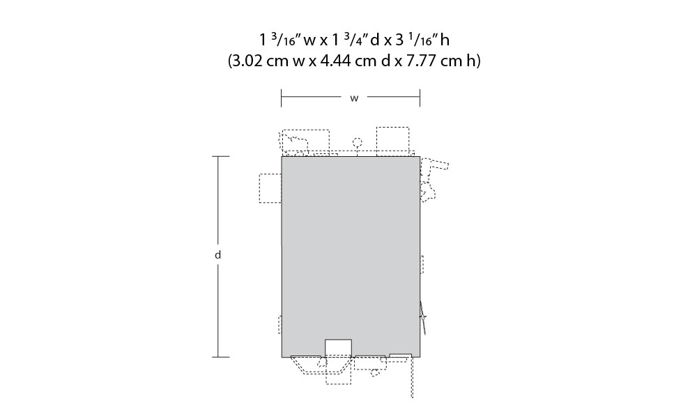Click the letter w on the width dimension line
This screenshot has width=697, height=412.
[x=354, y=98]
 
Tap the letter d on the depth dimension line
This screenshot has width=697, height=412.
[x=217, y=254]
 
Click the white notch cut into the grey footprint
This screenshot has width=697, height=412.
[x=338, y=348]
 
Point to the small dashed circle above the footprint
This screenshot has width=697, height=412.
[x=357, y=143]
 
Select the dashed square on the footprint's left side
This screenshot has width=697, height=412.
[x=270, y=188]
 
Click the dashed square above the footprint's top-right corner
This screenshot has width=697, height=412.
[x=393, y=142]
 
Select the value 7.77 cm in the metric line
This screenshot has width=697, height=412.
[x=434, y=61]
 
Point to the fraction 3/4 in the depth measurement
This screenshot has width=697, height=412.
[x=356, y=40]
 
